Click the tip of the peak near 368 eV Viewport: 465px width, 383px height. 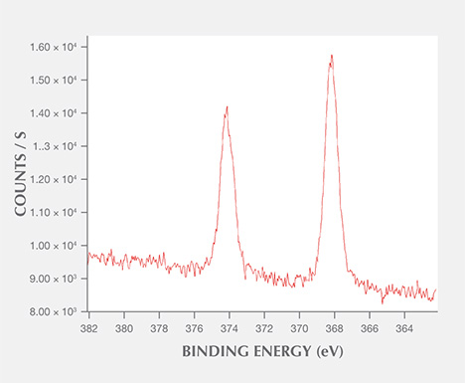(x=331, y=55)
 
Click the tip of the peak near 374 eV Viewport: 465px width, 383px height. (x=227, y=106)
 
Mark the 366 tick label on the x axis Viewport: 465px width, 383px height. (x=370, y=324)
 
